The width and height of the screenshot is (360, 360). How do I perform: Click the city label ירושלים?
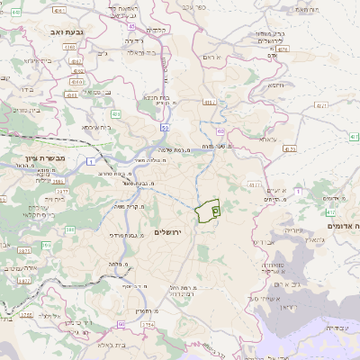[168, 233]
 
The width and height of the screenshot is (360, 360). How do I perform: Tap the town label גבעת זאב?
[60, 31]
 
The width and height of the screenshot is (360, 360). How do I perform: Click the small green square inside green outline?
[215, 209]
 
